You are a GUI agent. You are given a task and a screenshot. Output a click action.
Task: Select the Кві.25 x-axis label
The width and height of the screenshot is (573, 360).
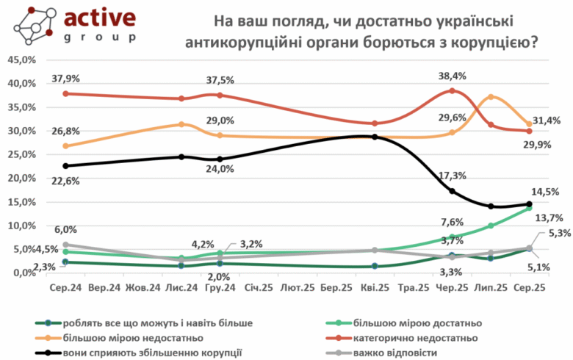click(374, 288)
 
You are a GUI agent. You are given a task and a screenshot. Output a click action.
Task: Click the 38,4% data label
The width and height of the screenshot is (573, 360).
click(453, 75)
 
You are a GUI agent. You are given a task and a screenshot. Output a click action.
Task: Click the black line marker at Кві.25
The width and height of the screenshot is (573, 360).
click(375, 137)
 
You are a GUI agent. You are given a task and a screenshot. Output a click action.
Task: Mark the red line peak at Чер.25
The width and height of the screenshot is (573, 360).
click(453, 91)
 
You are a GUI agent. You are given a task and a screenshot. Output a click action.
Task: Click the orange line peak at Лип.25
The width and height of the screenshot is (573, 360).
click(491, 97)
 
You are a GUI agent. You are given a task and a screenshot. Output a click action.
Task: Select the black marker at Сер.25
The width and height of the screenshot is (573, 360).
click(530, 204)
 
